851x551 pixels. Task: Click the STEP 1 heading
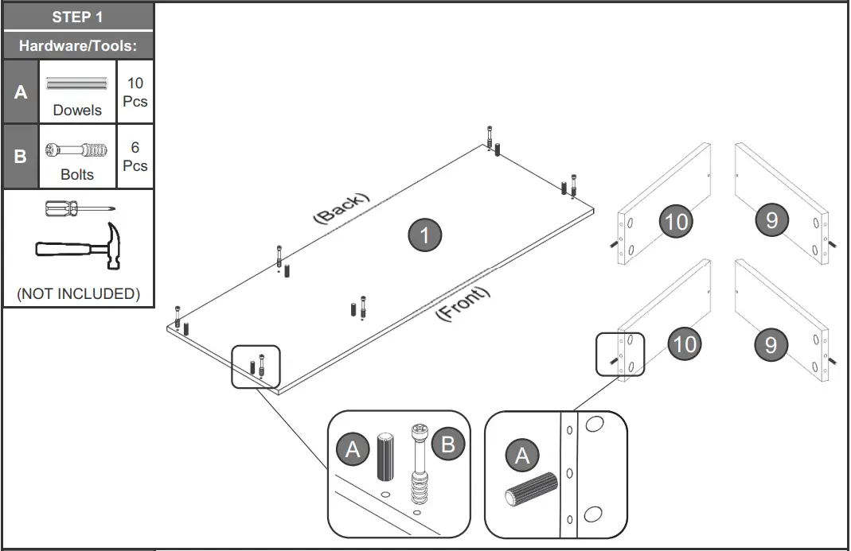pyautogui.click(x=77, y=17)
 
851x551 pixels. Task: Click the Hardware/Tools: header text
pyautogui.click(x=77, y=45)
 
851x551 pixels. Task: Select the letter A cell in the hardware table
pyautogui.click(x=21, y=91)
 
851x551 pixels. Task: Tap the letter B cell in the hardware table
pyautogui.click(x=21, y=156)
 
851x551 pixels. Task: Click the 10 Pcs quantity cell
pyautogui.click(x=135, y=91)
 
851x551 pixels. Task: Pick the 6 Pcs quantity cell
pyautogui.click(x=135, y=156)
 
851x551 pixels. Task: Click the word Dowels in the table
pyautogui.click(x=77, y=110)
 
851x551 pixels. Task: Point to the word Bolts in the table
pyautogui.click(x=77, y=175)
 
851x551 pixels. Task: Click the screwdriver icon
pyautogui.click(x=80, y=208)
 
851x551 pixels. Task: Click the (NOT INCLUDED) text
pyautogui.click(x=79, y=293)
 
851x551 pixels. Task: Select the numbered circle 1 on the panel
pyautogui.click(x=425, y=235)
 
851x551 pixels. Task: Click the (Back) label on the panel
pyautogui.click(x=342, y=208)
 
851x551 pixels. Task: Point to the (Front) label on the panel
pyautogui.click(x=463, y=303)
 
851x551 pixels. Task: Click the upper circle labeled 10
pyautogui.click(x=676, y=221)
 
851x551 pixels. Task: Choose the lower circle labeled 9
pyautogui.click(x=771, y=344)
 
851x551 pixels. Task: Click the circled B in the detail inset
pyautogui.click(x=447, y=444)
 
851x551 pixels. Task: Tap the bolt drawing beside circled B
pyautogui.click(x=419, y=464)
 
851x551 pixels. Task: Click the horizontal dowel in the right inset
pyautogui.click(x=532, y=489)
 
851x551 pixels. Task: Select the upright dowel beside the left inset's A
pyautogui.click(x=385, y=456)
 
